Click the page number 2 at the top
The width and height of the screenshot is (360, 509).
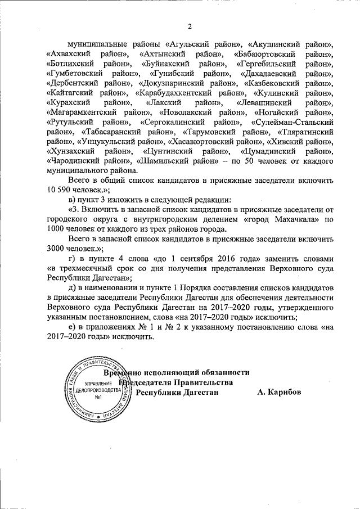point(190,26)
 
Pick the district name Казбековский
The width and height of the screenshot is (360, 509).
point(276,84)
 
